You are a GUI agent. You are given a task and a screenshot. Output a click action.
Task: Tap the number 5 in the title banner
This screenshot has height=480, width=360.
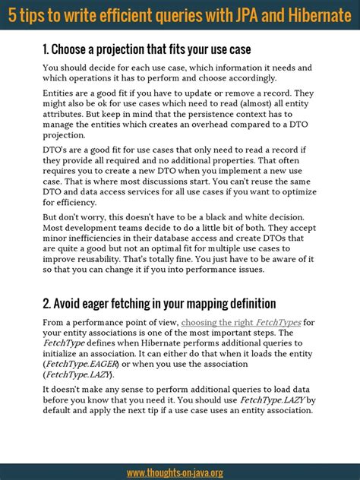pyautogui.click(x=12, y=14)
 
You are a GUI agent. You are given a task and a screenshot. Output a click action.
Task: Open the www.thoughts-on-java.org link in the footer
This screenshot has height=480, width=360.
pyautogui.click(x=175, y=472)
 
